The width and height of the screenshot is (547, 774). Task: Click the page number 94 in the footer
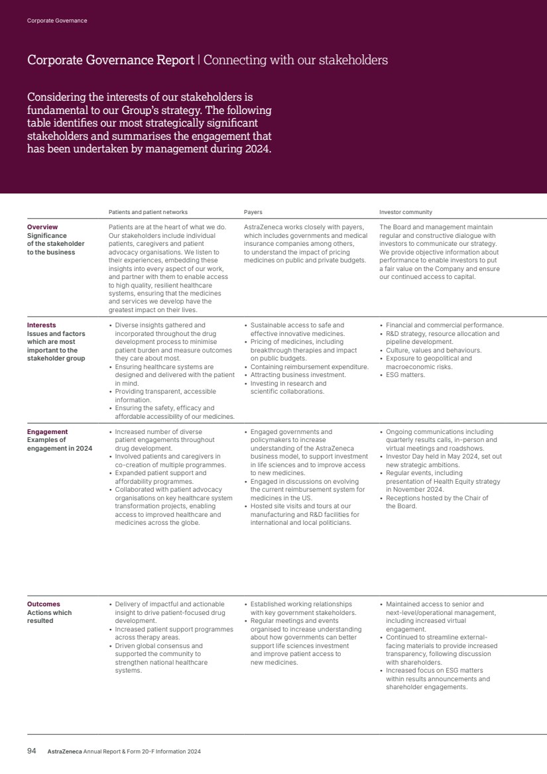coord(31,751)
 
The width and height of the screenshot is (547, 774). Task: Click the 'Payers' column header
coord(253,212)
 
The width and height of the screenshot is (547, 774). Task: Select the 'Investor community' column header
coord(406,212)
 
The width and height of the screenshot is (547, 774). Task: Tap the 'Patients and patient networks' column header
coord(148,212)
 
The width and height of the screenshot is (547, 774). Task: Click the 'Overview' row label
coord(42,227)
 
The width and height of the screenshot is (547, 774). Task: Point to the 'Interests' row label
coord(42,325)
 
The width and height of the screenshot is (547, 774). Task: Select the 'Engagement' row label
coord(47,432)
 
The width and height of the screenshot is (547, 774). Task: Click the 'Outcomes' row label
coord(44,604)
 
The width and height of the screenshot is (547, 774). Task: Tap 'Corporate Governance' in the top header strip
coord(57,21)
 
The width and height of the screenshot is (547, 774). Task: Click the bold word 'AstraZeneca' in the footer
coord(64,752)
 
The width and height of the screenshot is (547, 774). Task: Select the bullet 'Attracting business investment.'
coord(298,375)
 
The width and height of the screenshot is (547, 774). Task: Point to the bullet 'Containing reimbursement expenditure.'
coord(309,366)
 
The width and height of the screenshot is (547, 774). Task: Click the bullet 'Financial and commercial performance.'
coord(444,325)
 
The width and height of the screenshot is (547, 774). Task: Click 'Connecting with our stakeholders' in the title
coord(295,60)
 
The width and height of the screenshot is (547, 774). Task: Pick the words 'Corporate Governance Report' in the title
coord(110,60)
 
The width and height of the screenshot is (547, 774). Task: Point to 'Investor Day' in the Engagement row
coord(405,457)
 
